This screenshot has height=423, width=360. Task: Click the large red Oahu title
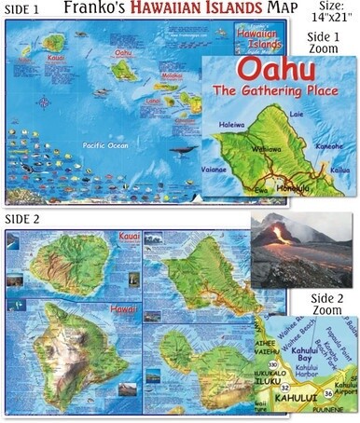coord(277,72)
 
